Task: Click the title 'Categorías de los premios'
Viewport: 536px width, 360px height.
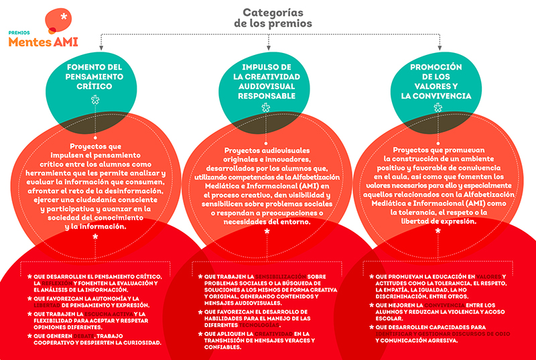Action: (268, 18)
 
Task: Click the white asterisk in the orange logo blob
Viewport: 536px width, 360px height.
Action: (63, 16)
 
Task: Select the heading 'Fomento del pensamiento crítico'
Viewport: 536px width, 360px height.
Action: (95, 77)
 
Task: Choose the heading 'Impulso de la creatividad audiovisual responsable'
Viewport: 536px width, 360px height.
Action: (268, 82)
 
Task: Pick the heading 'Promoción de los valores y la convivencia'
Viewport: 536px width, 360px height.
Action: (436, 82)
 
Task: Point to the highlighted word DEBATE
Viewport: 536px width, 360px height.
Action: (79, 335)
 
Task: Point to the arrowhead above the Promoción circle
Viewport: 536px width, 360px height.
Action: (437, 48)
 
